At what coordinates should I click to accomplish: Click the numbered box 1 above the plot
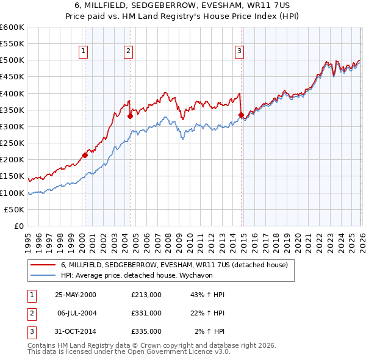83,51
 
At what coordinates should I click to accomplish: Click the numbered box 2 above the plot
129,51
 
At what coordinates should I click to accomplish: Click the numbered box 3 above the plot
240,51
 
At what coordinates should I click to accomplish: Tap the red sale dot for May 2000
85,155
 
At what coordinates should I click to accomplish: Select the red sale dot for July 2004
130,116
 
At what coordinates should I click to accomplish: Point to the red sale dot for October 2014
242,115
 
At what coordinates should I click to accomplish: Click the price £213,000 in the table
146,295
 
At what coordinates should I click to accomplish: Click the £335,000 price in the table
146,331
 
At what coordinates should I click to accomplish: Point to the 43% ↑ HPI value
207,295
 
